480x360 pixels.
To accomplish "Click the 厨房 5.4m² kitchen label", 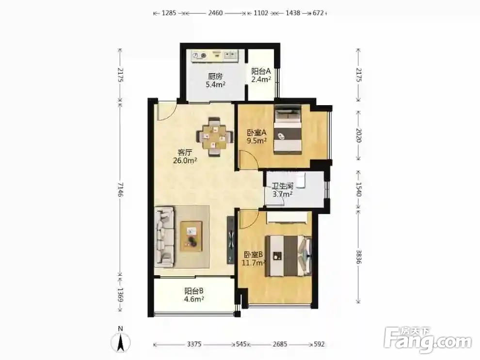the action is [x=215, y=80].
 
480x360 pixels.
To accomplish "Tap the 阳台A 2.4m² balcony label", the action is [x=261, y=75].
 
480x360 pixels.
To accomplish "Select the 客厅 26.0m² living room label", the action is [x=185, y=156].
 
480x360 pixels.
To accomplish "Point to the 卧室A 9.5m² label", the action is [x=257, y=137].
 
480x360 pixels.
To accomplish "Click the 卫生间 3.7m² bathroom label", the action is [x=283, y=190].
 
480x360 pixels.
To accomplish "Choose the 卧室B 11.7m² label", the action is [x=254, y=258].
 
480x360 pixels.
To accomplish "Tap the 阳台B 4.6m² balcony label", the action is [x=194, y=295].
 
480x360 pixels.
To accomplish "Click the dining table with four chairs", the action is [x=214, y=137].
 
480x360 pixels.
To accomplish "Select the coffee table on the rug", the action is [x=192, y=236].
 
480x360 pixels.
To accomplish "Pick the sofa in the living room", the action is [x=165, y=236].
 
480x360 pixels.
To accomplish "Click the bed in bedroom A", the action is [x=288, y=129].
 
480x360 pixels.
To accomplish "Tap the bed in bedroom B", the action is [x=288, y=255].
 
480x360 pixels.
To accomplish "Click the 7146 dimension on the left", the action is [x=120, y=189].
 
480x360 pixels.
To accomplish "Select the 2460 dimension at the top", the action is [x=215, y=13].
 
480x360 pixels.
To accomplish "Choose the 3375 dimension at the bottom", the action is [x=194, y=344].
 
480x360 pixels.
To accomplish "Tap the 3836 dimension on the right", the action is [x=359, y=257].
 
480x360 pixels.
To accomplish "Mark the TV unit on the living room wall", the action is [x=230, y=240].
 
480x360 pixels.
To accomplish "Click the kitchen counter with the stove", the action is [x=215, y=56].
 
